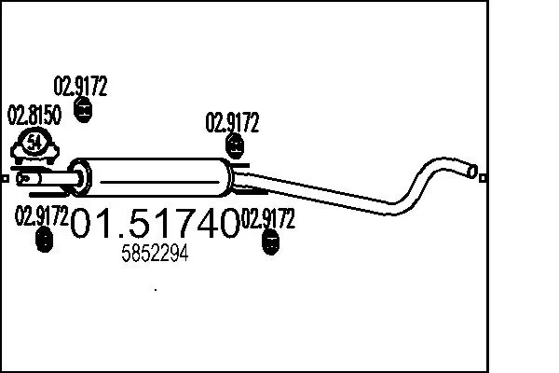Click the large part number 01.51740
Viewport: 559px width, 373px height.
coord(156,225)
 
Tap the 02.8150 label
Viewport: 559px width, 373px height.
coord(34,117)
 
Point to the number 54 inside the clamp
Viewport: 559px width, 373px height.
coord(34,142)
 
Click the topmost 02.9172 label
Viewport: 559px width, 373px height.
coord(81,88)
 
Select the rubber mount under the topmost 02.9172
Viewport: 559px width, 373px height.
coord(82,112)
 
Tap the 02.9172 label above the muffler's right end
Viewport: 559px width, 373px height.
coord(232,122)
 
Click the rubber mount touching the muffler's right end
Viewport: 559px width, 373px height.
coord(235,145)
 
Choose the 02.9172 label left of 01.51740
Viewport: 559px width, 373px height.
coord(42,216)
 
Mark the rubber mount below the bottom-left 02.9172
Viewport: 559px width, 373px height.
coord(42,241)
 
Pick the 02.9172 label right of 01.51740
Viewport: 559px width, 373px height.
coord(268,220)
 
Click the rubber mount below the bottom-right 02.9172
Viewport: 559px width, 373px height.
coord(270,244)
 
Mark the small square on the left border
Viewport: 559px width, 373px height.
coord(5,177)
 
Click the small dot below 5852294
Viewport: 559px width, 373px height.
coord(155,290)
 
